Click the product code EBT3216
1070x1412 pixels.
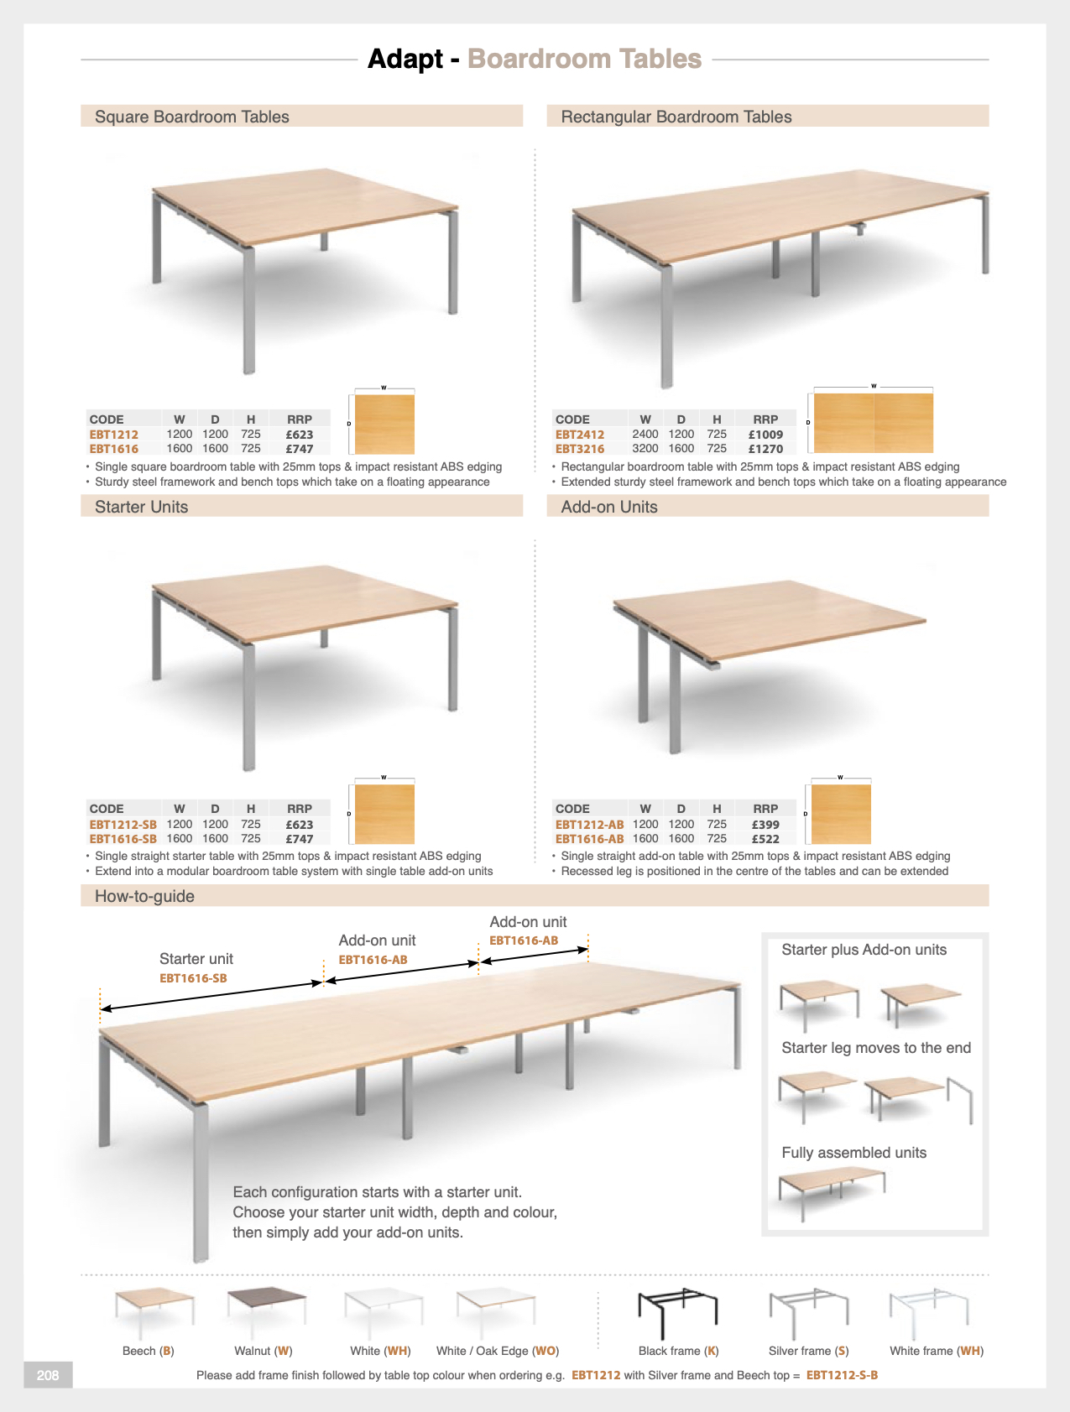pyautogui.click(x=579, y=449)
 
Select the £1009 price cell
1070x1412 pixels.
pyautogui.click(x=765, y=435)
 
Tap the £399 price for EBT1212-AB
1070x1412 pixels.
pyautogui.click(x=765, y=825)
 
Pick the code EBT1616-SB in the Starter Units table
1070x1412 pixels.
pyautogui.click(x=123, y=839)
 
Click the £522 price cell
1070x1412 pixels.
pyautogui.click(x=765, y=839)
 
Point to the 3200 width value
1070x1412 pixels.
pyautogui.click(x=645, y=449)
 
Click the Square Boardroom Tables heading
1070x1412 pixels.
pyautogui.click(x=191, y=117)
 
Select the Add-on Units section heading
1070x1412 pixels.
pyautogui.click(x=608, y=507)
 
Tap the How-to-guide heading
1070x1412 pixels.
pyautogui.click(x=144, y=896)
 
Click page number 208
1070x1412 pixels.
pyautogui.click(x=48, y=1375)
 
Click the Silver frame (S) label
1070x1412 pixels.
pyautogui.click(x=808, y=1351)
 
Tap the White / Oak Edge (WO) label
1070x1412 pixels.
pyautogui.click(x=497, y=1351)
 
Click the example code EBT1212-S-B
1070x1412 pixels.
pyautogui.click(x=842, y=1375)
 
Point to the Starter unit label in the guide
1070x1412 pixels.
pyautogui.click(x=196, y=959)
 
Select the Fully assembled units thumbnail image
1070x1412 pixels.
pyautogui.click(x=831, y=1191)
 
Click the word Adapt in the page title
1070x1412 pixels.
pyautogui.click(x=405, y=59)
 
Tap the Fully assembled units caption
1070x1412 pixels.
pyautogui.click(x=853, y=1153)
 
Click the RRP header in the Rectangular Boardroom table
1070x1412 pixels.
pyautogui.click(x=765, y=419)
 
